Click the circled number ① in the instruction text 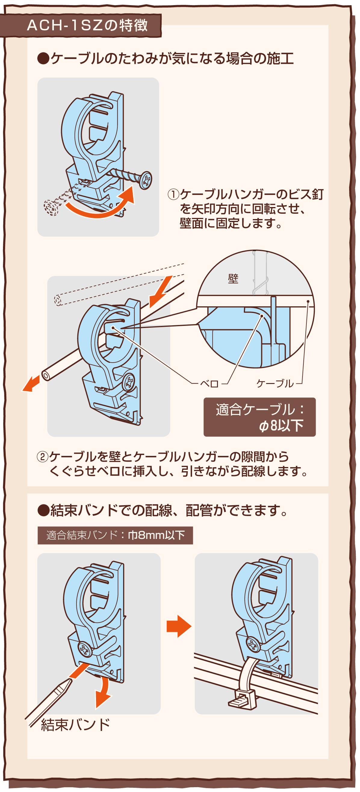tap(173, 195)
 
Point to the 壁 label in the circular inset tap(233, 279)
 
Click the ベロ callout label tap(209, 384)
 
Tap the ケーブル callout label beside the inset tap(275, 383)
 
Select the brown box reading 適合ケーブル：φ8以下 tap(259, 417)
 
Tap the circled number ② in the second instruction tap(42, 456)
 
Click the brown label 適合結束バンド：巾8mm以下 tap(115, 535)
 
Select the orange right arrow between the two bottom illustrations tap(178, 626)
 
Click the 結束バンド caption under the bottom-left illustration tap(75, 725)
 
